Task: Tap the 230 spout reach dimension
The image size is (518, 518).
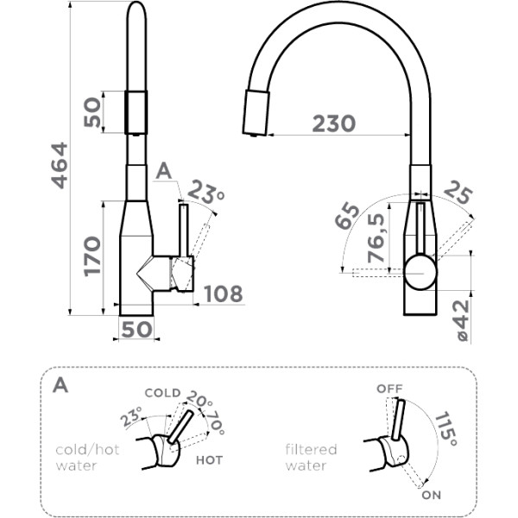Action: [x=333, y=123]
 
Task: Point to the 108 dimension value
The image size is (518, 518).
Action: [x=224, y=294]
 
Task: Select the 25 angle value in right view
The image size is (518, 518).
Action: [x=457, y=197]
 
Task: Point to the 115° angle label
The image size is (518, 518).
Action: [x=446, y=429]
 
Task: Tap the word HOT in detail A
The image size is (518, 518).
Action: [x=208, y=460]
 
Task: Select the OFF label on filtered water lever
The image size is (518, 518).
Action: [x=389, y=389]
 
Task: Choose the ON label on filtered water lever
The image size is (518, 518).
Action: [x=433, y=496]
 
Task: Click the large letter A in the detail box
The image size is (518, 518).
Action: [x=60, y=384]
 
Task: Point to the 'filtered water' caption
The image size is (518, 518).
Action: [x=311, y=458]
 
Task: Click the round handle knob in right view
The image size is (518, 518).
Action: [x=420, y=270]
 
